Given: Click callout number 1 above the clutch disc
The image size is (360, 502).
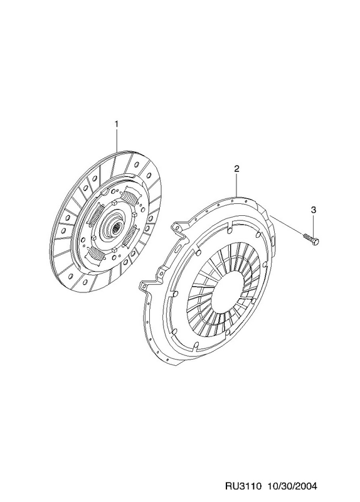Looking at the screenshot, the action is click(x=117, y=124).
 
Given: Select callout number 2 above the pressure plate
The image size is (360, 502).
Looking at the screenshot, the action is click(x=236, y=169).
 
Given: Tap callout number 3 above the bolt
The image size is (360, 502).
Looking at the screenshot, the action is click(x=314, y=210).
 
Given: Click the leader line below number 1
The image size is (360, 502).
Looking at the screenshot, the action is click(x=117, y=139).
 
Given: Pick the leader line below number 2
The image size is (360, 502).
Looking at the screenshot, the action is click(x=236, y=184).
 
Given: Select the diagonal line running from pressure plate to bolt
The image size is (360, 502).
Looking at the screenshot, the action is click(x=286, y=226).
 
